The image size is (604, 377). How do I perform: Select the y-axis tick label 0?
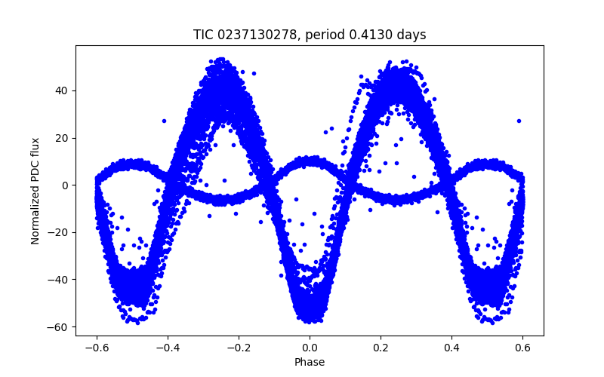65,185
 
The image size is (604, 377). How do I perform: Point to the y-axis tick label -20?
59,232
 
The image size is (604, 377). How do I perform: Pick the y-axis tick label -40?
59,280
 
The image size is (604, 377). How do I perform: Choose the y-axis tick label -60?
59,327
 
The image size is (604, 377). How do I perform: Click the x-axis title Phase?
310,362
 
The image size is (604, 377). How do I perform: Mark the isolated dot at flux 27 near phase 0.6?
519,121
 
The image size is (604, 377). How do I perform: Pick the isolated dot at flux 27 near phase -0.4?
164,121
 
